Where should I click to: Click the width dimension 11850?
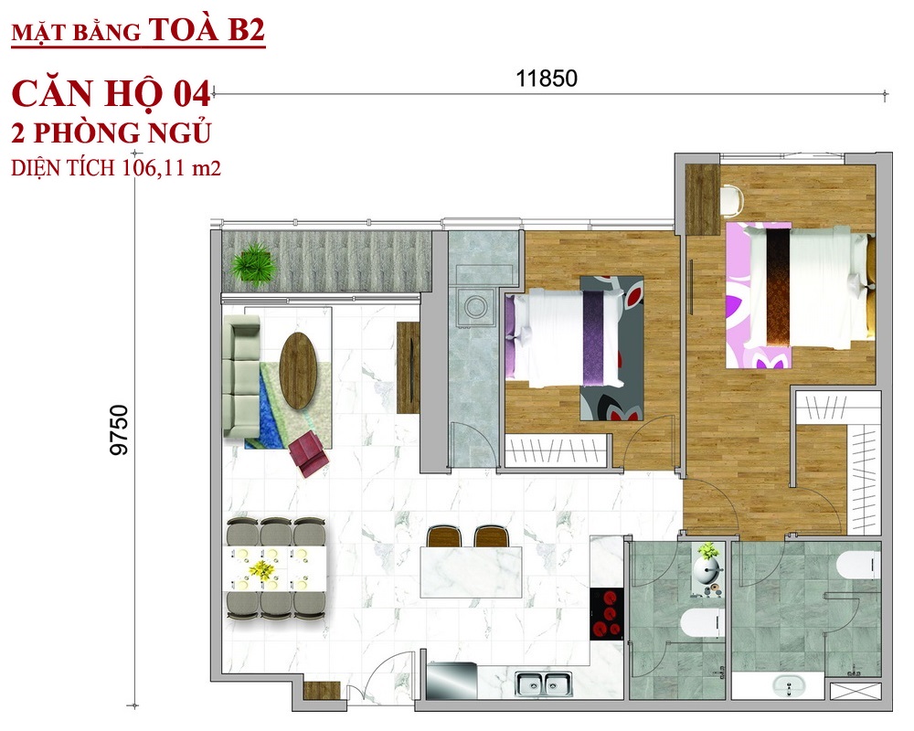pyautogui.click(x=547, y=78)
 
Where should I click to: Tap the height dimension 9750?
pyautogui.click(x=119, y=429)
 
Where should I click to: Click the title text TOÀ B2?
pyautogui.click(x=207, y=29)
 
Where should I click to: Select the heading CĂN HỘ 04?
pyautogui.click(x=111, y=94)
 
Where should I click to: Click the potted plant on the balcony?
pyautogui.click(x=253, y=263)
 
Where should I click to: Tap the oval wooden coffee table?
pyautogui.click(x=299, y=371)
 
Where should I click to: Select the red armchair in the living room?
pyautogui.click(x=309, y=452)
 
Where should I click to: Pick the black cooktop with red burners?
pyautogui.click(x=607, y=614)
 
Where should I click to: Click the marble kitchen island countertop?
pyautogui.click(x=471, y=572)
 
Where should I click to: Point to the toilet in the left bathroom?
pyautogui.click(x=702, y=622)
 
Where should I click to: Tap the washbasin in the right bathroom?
pyautogui.click(x=789, y=686)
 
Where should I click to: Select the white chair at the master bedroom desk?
pyautogui.click(x=731, y=199)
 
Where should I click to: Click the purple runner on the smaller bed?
pyautogui.click(x=594, y=338)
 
